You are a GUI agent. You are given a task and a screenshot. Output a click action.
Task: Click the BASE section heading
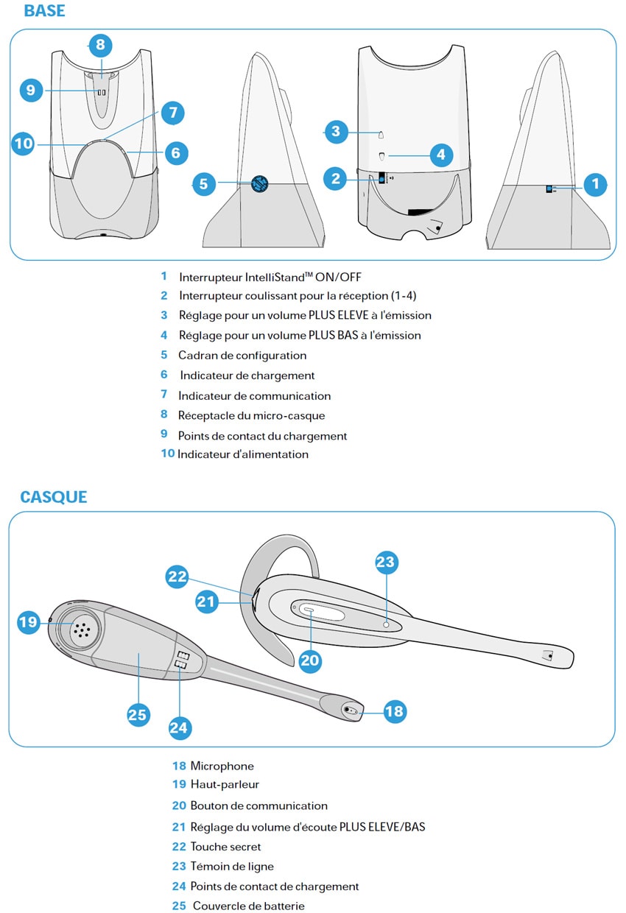click(44, 11)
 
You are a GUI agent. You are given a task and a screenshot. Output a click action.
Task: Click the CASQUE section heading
click(53, 497)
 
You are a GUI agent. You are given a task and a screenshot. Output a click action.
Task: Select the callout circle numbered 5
click(203, 184)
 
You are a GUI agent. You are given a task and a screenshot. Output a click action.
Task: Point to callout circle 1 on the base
click(595, 184)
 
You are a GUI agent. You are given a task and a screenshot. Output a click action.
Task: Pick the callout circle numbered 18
click(394, 711)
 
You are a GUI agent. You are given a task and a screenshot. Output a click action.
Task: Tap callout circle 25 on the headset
click(138, 714)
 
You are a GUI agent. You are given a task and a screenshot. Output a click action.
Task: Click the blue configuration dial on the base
click(259, 184)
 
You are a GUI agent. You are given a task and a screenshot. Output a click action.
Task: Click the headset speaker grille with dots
click(81, 628)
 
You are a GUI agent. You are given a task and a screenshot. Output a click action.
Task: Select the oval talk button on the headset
click(310, 610)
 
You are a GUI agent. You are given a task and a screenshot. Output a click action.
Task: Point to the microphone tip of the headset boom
click(351, 711)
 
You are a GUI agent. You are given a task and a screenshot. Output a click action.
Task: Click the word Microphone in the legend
click(222, 766)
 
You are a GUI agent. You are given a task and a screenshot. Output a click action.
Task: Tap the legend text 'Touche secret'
click(225, 847)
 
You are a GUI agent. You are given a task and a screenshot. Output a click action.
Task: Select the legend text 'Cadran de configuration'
click(242, 356)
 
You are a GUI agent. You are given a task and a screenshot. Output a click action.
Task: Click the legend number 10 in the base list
click(168, 454)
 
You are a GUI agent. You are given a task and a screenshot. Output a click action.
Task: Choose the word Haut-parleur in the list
click(225, 785)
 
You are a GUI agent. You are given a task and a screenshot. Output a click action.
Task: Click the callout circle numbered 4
click(440, 155)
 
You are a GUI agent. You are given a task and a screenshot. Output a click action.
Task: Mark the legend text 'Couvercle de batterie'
click(248, 906)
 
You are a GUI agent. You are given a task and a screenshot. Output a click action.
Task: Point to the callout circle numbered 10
click(24, 143)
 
